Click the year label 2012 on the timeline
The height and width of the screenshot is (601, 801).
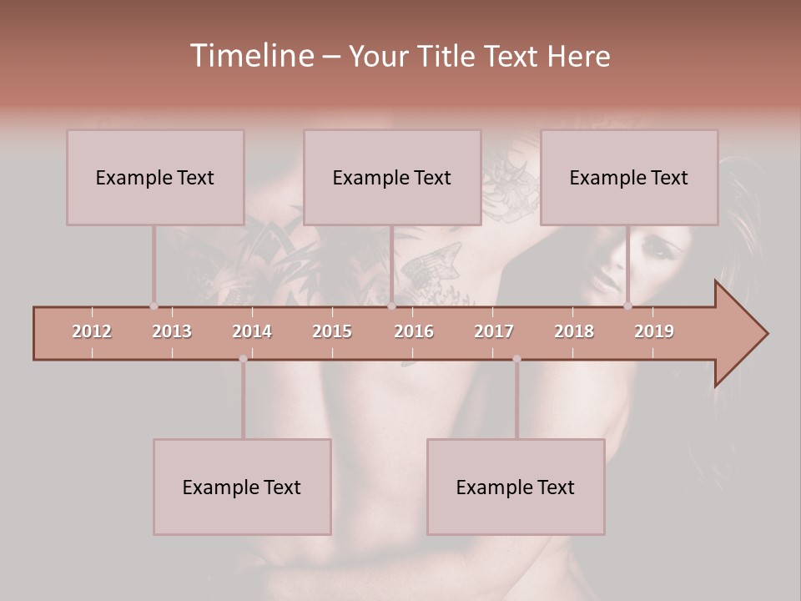click(x=92, y=331)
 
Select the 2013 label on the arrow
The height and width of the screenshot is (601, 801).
click(x=172, y=331)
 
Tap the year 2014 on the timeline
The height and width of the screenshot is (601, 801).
click(x=252, y=331)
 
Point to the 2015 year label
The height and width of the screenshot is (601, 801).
click(x=332, y=331)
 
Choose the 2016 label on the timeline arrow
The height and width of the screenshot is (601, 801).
click(x=414, y=331)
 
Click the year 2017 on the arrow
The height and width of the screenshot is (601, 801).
click(x=494, y=331)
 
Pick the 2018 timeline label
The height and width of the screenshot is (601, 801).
click(x=574, y=331)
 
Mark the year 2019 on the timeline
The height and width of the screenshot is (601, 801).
click(x=654, y=331)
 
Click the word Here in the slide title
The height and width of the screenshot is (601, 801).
click(x=578, y=56)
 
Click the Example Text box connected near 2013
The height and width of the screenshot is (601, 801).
click(x=155, y=177)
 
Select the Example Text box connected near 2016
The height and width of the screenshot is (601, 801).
click(x=392, y=177)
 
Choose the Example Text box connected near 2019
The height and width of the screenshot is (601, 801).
click(x=629, y=177)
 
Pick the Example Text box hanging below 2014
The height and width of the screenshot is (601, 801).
click(x=242, y=487)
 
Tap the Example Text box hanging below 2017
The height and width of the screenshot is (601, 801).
click(x=516, y=487)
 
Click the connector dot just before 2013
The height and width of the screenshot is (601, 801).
click(x=154, y=306)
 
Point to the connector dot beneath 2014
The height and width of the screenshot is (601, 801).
click(x=243, y=359)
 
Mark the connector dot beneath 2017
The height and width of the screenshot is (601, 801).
click(x=516, y=359)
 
